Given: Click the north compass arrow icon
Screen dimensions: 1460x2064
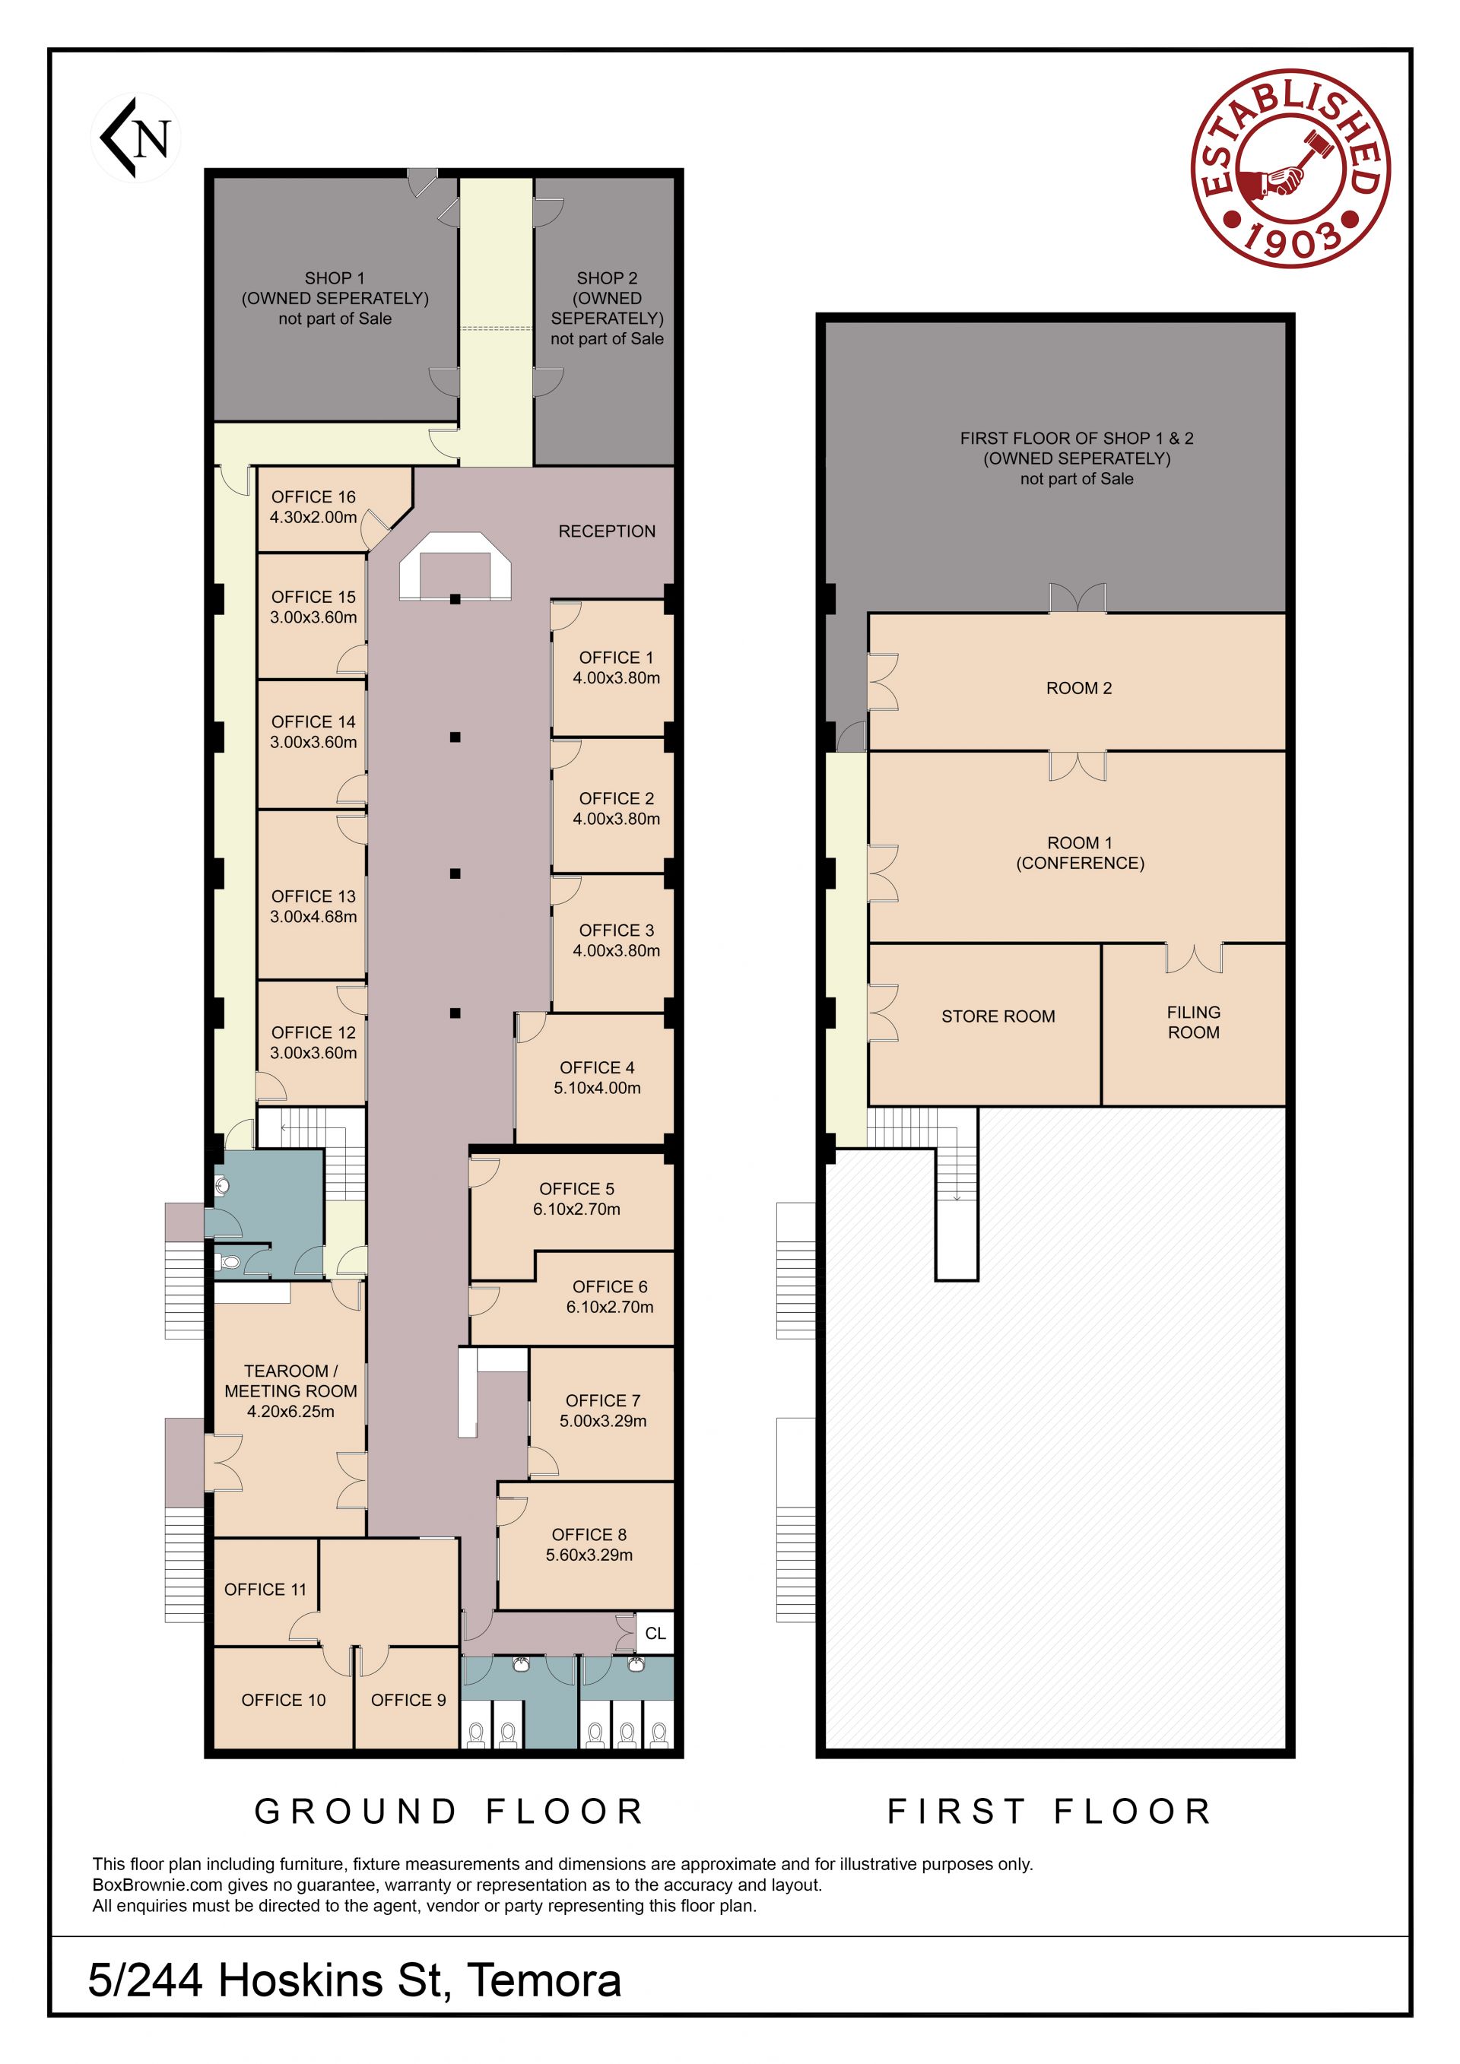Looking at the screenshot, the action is coord(135,138).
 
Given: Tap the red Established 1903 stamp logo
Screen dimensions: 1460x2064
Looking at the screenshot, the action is coord(1290,168).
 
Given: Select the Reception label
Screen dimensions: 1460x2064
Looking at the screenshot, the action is coord(607,531).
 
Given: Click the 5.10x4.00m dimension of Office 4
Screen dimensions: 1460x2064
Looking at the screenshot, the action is coord(597,1088).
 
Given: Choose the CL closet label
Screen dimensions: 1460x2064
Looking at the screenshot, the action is coord(655,1634).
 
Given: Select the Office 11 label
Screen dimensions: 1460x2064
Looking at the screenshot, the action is coord(265,1590).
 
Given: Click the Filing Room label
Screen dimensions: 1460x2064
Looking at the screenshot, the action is coord(1193,1022).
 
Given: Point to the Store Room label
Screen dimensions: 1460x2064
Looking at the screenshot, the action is coord(998,1016).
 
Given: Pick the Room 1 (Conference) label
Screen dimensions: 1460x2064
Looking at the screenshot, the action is coord(1080,853).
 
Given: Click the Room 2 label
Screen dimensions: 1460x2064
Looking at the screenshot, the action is coord(1079,689).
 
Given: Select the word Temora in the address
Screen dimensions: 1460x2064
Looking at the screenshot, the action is coord(544,1980).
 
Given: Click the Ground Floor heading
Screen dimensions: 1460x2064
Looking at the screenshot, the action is coord(449,1812).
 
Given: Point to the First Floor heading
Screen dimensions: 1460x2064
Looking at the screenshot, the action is coord(1050,1812).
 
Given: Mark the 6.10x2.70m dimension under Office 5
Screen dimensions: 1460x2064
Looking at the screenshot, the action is coord(576,1209).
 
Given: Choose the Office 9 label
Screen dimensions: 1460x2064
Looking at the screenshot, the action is coord(408,1700).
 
